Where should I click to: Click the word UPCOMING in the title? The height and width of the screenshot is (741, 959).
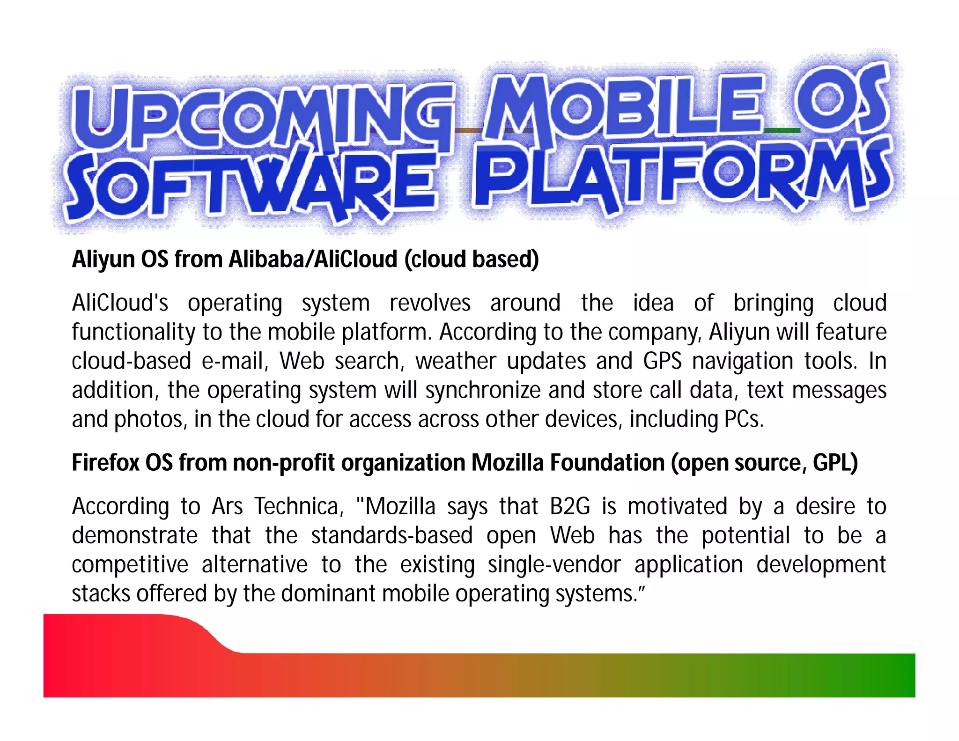pyautogui.click(x=262, y=117)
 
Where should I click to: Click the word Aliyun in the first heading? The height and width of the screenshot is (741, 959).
pyautogui.click(x=103, y=259)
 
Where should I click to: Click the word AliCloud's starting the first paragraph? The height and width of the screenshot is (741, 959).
pyautogui.click(x=120, y=303)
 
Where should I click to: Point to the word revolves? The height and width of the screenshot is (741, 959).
pyautogui.click(x=429, y=303)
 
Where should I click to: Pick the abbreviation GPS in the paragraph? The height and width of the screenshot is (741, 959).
pyautogui.click(x=662, y=361)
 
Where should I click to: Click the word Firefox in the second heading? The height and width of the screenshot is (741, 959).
pyautogui.click(x=105, y=463)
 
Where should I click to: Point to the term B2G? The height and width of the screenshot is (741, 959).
pyautogui.click(x=570, y=506)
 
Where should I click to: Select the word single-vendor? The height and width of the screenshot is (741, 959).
pyautogui.click(x=554, y=564)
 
